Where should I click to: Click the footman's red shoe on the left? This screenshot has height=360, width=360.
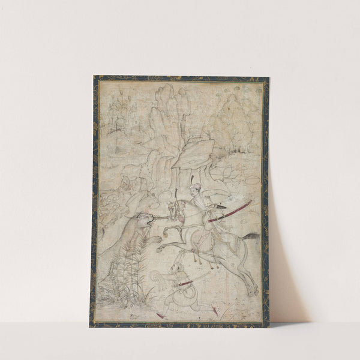161,314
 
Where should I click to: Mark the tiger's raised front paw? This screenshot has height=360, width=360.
155,239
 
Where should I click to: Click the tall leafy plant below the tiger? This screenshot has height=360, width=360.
124,267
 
